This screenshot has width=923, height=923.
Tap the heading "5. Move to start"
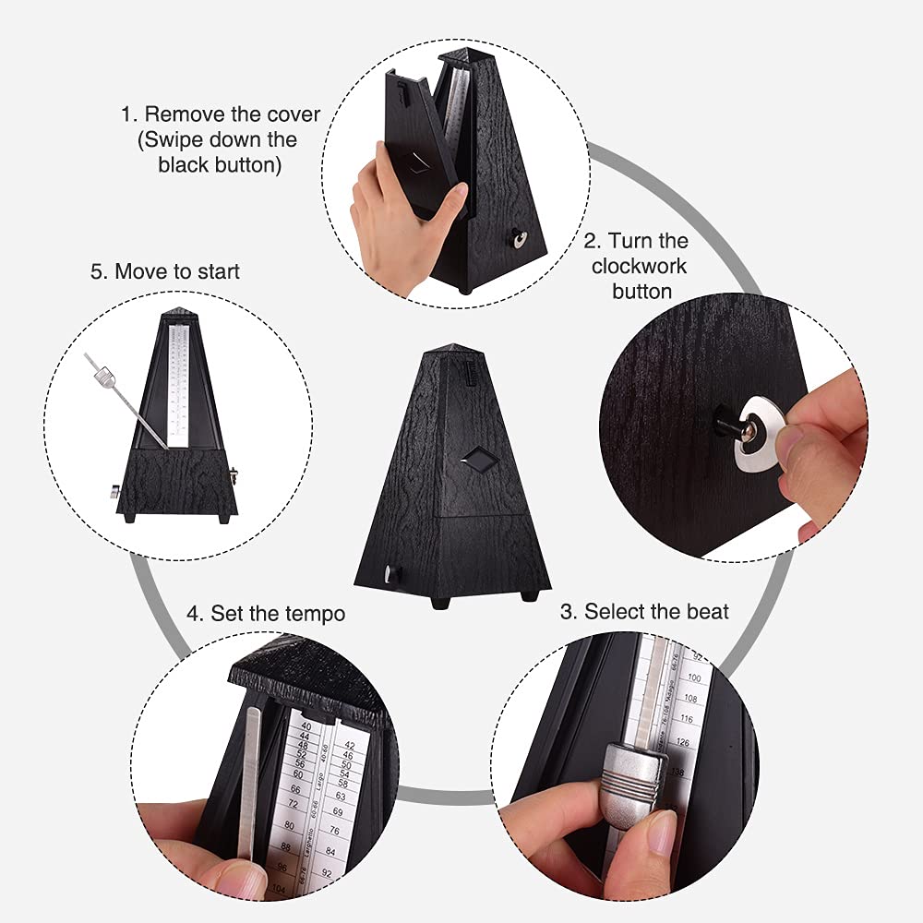pyautogui.click(x=164, y=271)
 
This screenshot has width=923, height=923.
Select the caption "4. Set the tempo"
pyautogui.click(x=266, y=613)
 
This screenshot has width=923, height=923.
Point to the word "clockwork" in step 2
pyautogui.click(x=640, y=266)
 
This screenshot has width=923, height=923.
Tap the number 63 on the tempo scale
pyautogui.click(x=342, y=795)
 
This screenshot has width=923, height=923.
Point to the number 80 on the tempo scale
pyautogui.click(x=292, y=823)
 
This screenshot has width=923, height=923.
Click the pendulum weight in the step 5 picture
pyautogui.click(x=104, y=376)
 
